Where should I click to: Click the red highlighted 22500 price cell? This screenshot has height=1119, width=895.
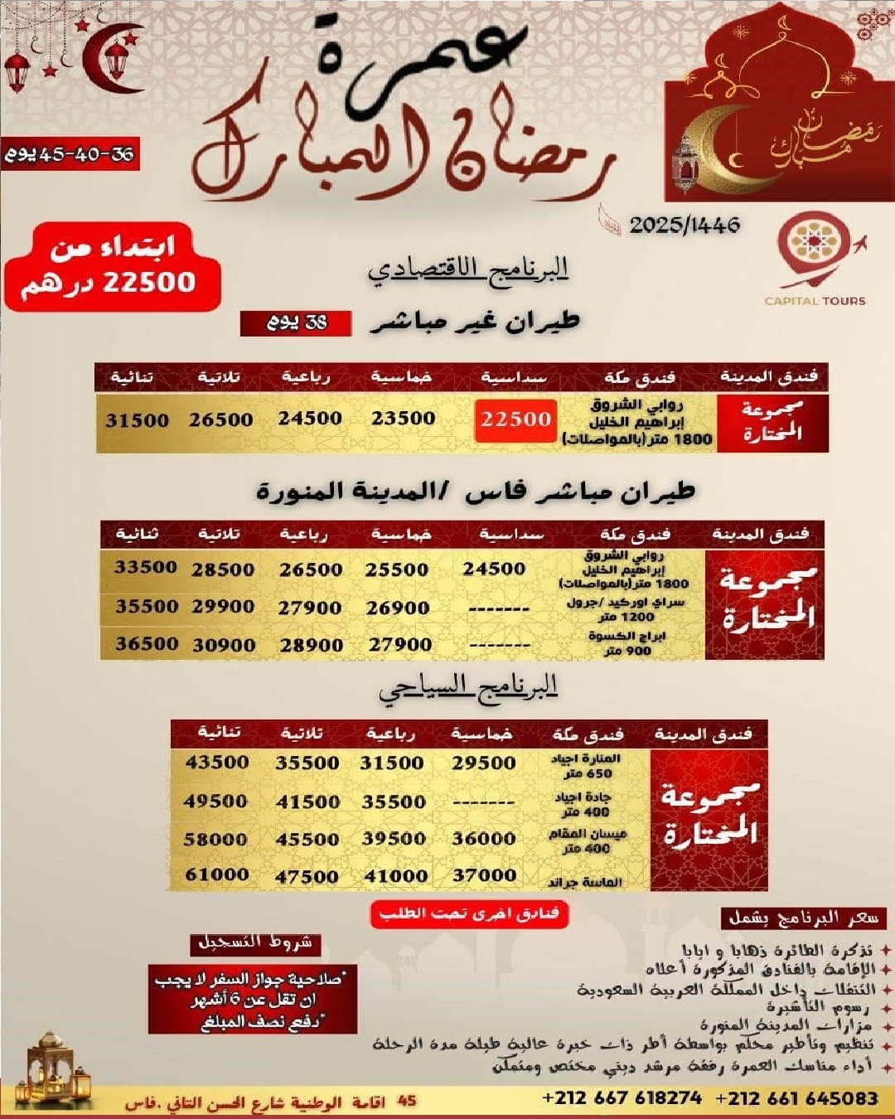515,419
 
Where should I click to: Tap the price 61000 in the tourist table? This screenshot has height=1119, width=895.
216,874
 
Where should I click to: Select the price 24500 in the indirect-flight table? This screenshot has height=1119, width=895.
310,419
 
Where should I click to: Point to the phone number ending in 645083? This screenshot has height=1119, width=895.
796,1098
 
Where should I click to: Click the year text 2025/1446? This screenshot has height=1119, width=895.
685,225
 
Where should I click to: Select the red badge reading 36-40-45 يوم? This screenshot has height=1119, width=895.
70,154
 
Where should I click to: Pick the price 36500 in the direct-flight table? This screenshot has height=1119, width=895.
147,643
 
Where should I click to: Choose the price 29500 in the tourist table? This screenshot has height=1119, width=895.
483,763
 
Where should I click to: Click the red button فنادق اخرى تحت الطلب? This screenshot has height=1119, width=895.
469,913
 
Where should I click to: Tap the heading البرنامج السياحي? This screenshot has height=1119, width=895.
468,687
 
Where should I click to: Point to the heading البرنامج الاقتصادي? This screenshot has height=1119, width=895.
469,269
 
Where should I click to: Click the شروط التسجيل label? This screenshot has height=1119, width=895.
255,942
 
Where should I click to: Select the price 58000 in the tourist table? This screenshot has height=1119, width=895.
215,839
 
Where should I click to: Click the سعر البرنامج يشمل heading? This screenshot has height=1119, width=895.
803,918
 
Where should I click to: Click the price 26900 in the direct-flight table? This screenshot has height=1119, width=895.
398,608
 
